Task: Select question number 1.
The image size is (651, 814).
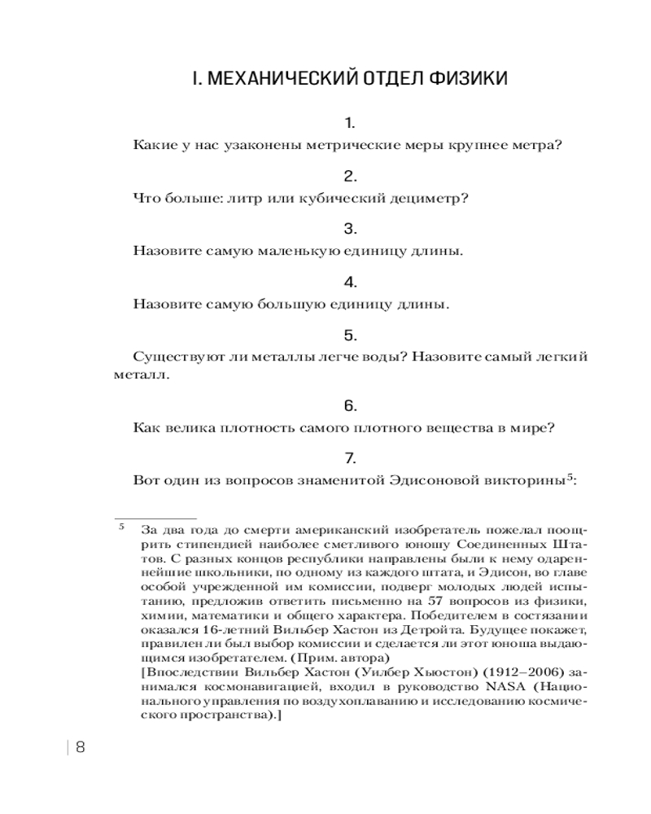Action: (x=350, y=124)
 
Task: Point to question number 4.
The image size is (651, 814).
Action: (x=350, y=282)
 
